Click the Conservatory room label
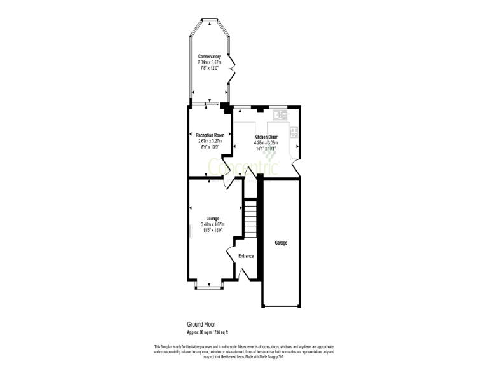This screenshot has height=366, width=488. (x=209, y=57)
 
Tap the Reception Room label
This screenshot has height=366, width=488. (x=210, y=135)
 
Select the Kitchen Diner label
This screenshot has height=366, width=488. (x=266, y=137)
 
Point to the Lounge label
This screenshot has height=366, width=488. (x=213, y=219)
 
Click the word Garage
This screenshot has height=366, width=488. (x=281, y=243)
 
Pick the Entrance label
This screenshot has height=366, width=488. (x=246, y=256)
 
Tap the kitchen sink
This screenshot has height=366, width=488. (x=280, y=115)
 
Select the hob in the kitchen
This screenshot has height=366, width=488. (x=294, y=133)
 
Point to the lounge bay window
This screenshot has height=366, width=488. (x=209, y=287)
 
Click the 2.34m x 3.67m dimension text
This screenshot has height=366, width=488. (x=209, y=62)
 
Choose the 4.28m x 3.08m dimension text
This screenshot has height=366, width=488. (x=266, y=143)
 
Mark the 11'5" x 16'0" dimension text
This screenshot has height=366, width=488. (x=213, y=230)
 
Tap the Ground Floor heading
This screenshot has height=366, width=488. (x=201, y=324)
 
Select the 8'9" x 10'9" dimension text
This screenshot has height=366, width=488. (x=210, y=147)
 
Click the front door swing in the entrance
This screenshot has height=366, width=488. (x=243, y=272)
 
